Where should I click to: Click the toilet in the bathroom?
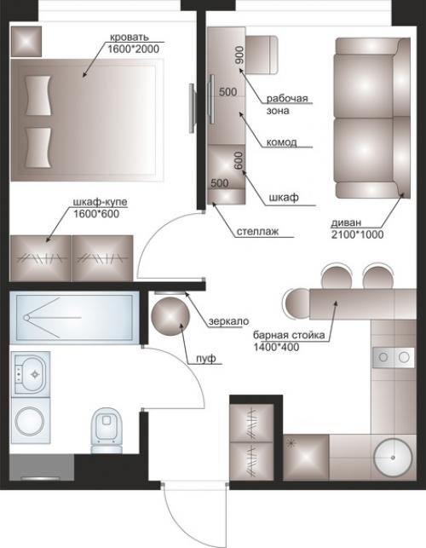click(107, 430)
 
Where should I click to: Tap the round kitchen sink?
click(393, 457)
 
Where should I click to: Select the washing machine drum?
click(30, 420)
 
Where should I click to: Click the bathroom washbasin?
click(30, 374)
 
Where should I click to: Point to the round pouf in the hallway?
click(170, 316)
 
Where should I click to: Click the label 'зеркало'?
click(229, 320)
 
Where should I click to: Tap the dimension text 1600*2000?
click(133, 49)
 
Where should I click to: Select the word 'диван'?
click(346, 222)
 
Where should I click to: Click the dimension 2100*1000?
click(357, 234)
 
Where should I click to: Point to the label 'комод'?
click(282, 142)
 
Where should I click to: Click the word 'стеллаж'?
click(257, 231)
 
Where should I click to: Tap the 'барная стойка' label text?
click(289, 335)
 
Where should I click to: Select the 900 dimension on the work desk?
click(239, 55)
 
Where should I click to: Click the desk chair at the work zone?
click(262, 55)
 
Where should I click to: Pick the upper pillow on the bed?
click(37, 95)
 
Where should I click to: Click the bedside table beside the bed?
click(26, 41)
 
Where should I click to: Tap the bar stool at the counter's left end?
click(297, 303)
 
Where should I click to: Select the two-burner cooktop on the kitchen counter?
click(394, 357)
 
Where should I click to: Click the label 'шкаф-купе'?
click(100, 202)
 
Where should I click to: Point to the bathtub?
click(74, 318)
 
